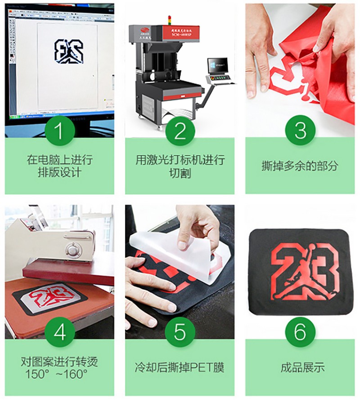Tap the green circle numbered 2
[180, 131]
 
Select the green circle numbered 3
[300, 131]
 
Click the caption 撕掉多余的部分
[300, 166]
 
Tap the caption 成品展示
[300, 367]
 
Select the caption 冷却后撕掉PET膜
[180, 367]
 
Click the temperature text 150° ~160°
[59, 374]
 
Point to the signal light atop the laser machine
[169, 20]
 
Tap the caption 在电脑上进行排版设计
[59, 166]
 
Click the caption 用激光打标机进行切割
[180, 166]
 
